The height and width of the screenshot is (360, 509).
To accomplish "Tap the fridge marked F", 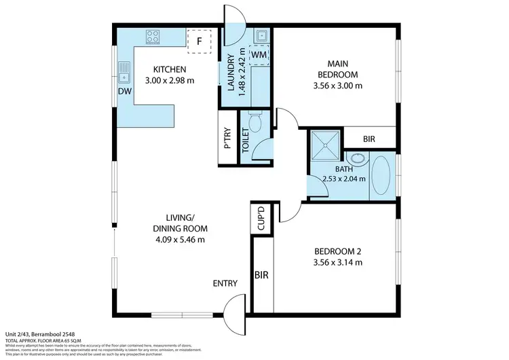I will pos(200,40).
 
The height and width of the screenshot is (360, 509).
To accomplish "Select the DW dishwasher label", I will pos(124,90).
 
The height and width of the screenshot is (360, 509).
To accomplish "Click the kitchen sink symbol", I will pos(124,69).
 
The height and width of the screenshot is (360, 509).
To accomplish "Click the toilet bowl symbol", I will pos(255,122).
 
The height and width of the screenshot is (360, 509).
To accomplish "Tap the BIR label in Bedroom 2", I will pos(261,276).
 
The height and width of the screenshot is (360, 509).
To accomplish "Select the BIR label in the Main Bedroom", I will pos(369,138).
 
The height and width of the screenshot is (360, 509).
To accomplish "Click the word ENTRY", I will pos(225,283).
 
